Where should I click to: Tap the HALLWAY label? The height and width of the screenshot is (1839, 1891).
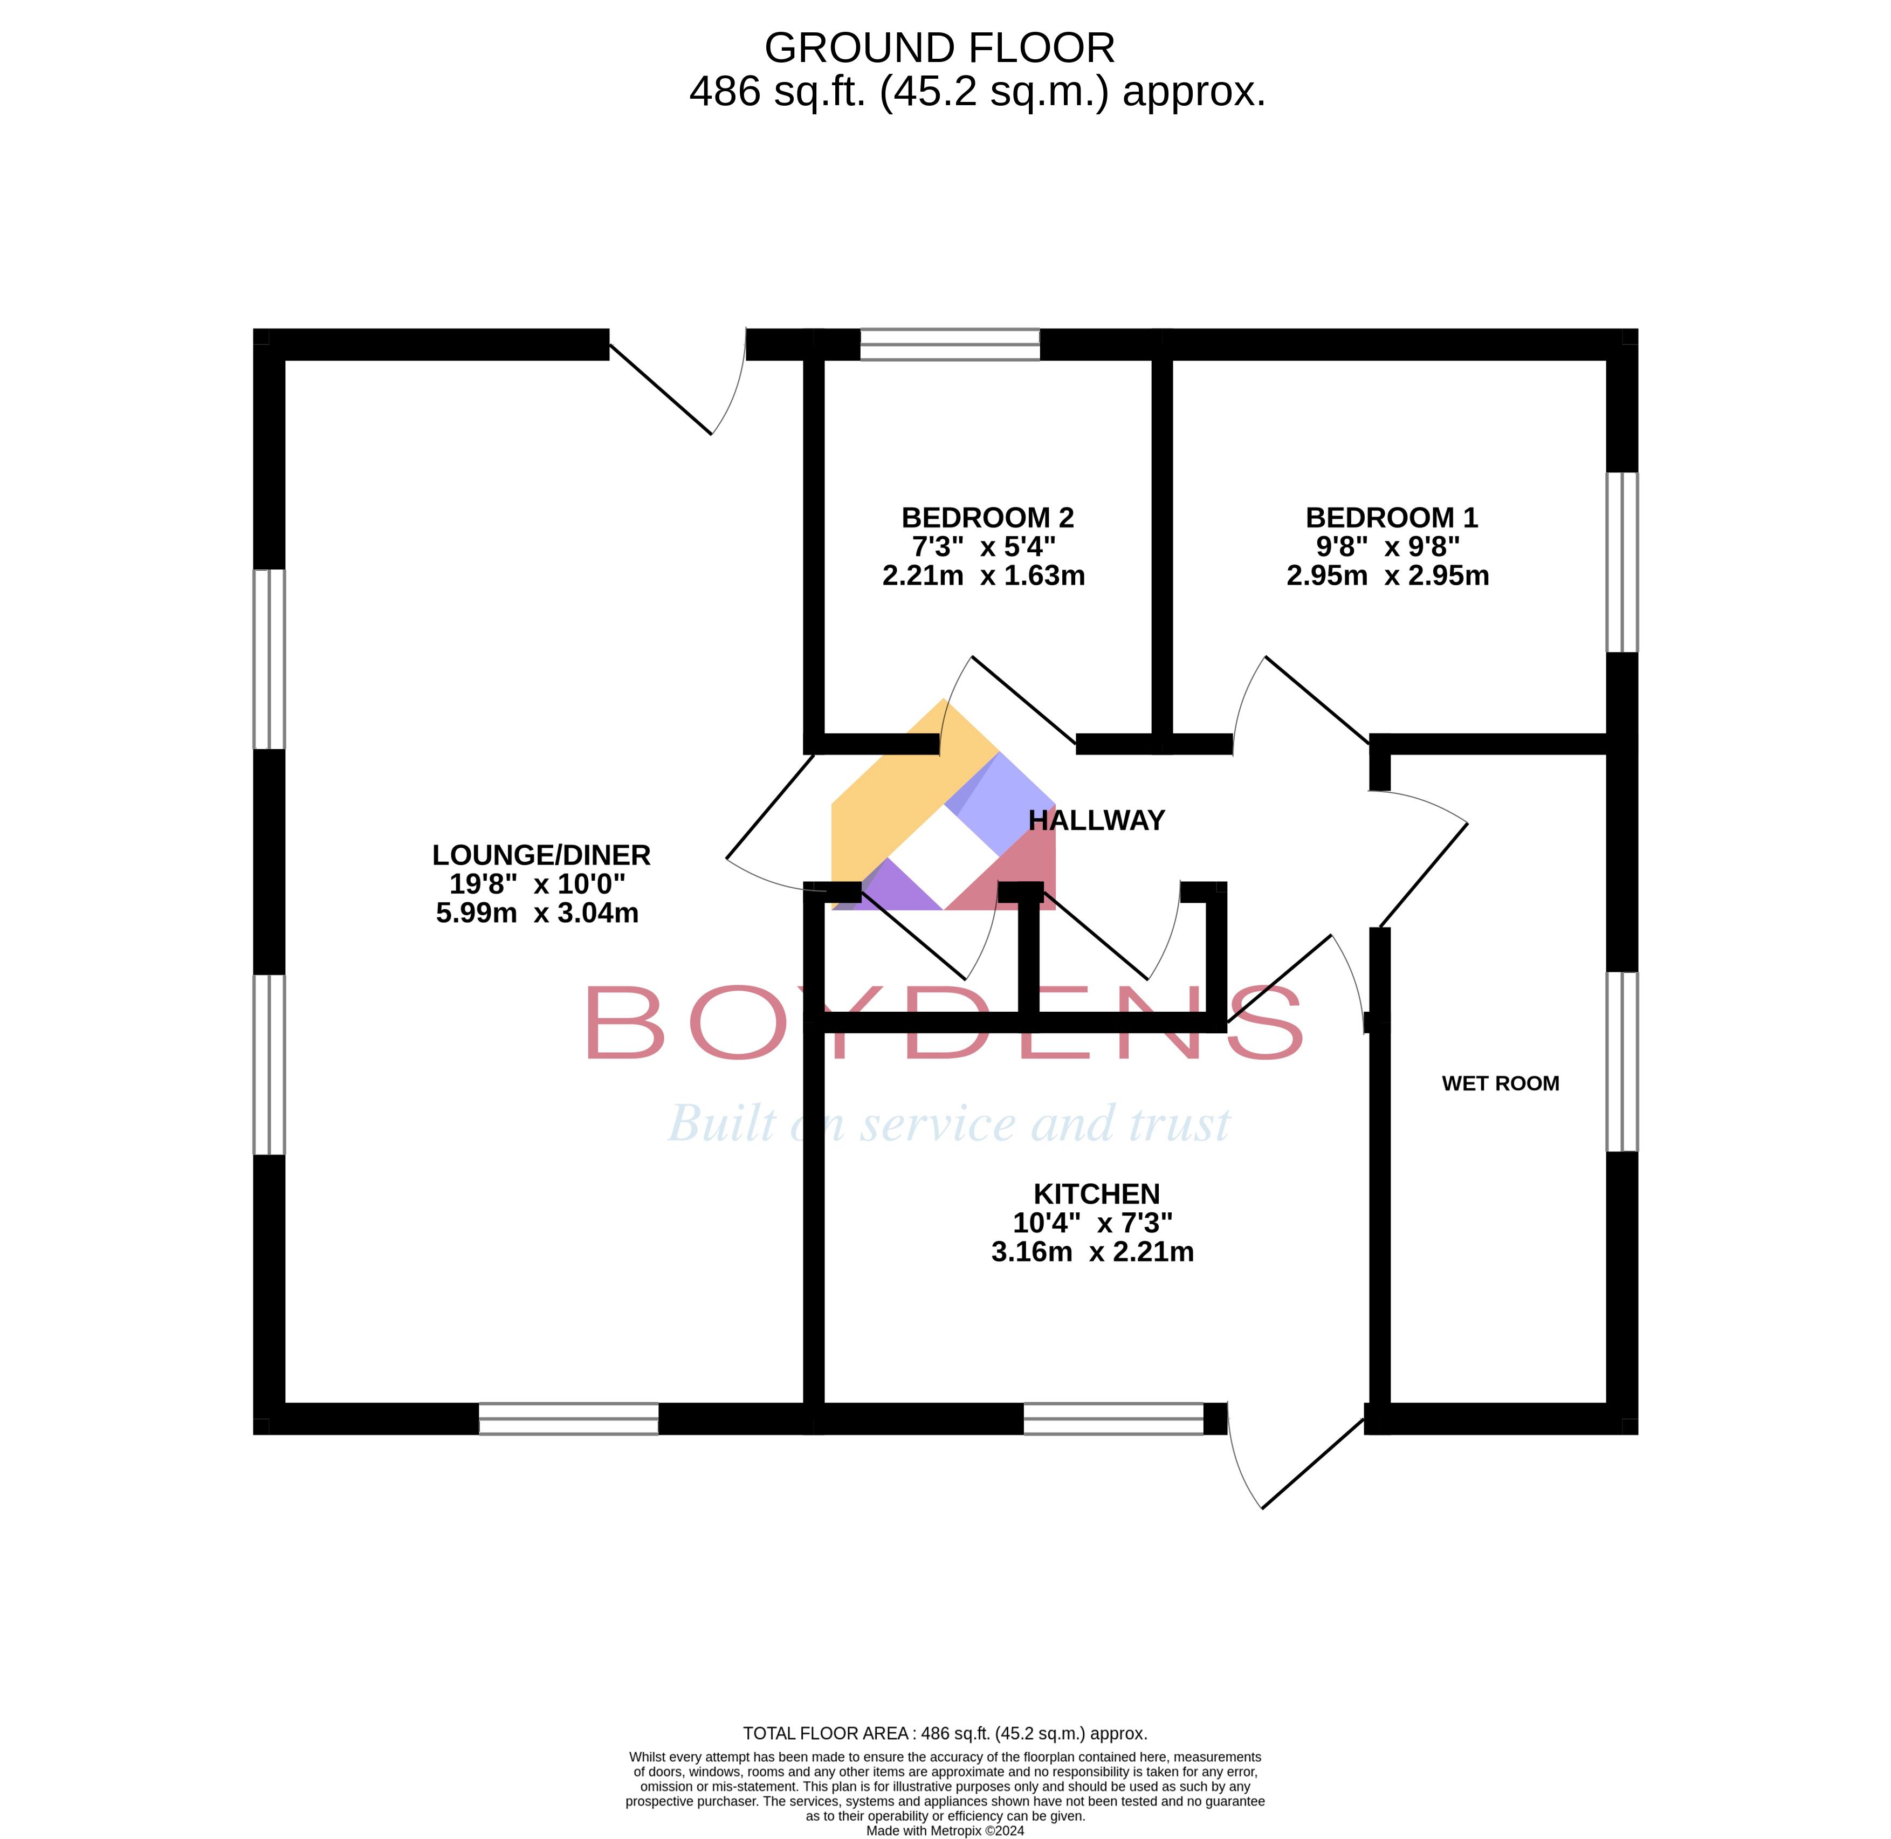pos(1096,820)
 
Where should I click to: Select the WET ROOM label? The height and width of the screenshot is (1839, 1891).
pos(1500,1083)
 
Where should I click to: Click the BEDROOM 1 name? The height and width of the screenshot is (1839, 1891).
pos(1392,518)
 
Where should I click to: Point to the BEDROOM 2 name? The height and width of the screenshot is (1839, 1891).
pos(987,518)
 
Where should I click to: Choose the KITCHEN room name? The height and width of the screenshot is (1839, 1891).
pos(1096,1194)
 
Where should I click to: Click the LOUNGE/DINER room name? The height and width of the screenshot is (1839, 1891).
pos(541,855)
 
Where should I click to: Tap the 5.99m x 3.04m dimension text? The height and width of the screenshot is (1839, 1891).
pos(537,912)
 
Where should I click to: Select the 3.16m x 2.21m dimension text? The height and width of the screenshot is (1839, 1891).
pos(1092,1252)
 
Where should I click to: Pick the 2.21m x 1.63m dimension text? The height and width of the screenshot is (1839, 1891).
pos(983,575)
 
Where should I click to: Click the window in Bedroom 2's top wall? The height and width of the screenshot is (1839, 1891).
pos(950,344)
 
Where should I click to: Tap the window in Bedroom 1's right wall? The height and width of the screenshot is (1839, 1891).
pos(1621,562)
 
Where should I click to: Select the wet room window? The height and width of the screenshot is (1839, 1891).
pos(1621,1061)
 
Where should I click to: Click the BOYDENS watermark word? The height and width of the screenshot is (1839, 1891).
pos(944,1022)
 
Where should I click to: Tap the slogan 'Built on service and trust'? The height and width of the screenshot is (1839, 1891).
pos(948,1123)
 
